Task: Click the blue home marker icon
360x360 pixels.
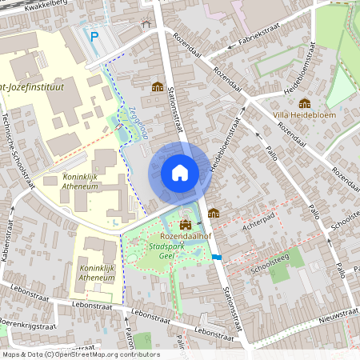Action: click(x=180, y=172)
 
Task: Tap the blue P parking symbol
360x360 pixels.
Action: click(x=94, y=35)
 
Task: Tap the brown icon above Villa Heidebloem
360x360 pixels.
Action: click(x=304, y=102)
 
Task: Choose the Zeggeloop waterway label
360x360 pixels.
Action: click(x=134, y=124)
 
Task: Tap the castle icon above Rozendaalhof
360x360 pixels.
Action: click(x=186, y=225)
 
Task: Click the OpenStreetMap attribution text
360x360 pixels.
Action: click(x=80, y=354)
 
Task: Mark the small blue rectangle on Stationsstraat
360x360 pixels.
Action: click(x=218, y=257)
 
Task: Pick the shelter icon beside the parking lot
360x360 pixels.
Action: click(x=145, y=23)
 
